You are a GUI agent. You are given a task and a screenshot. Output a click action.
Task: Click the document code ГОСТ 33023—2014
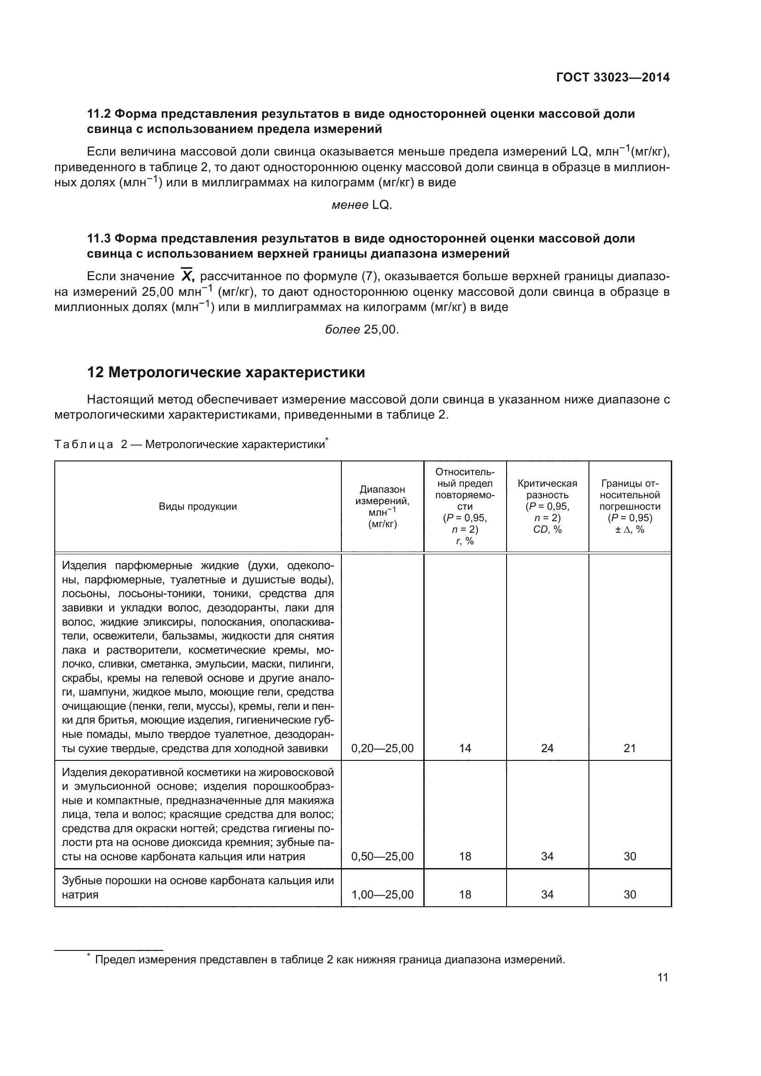point(612,78)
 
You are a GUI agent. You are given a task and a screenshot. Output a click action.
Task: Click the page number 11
point(662,977)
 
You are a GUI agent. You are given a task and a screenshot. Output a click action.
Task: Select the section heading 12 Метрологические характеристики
point(226,373)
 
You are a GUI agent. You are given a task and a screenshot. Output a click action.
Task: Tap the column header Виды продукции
point(198,506)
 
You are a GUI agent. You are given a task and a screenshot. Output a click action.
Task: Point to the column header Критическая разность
point(547,489)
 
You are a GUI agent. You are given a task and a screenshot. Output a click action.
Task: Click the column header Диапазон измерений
point(382,495)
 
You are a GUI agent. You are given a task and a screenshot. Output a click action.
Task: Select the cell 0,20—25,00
point(382,748)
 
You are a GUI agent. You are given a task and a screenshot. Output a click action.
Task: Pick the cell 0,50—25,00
point(382,856)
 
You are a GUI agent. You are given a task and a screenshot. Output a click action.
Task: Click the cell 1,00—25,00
point(382,894)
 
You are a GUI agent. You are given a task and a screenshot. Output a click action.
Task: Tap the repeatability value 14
point(465,748)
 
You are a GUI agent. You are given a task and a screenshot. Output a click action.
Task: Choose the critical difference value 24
point(547,748)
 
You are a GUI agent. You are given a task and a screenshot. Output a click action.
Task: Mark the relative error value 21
point(629,748)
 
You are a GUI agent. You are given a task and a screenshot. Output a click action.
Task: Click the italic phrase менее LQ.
point(361,205)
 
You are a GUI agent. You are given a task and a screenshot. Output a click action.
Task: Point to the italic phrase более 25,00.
point(361,329)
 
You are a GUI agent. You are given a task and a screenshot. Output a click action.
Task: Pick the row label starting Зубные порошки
point(198,887)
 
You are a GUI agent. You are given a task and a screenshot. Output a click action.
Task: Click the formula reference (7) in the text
point(370,276)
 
